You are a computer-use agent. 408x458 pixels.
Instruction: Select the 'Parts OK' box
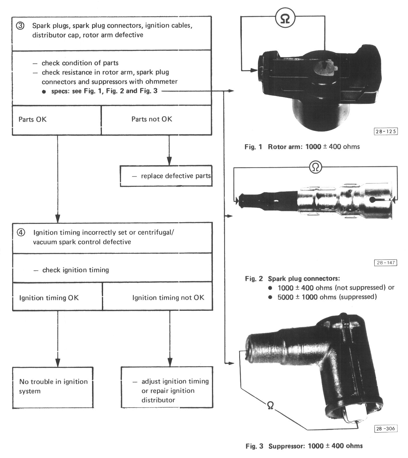coord(56,120)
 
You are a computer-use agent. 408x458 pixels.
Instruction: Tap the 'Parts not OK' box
coord(156,120)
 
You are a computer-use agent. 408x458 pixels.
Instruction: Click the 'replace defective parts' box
coord(166,176)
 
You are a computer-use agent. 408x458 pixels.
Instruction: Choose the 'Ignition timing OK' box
coord(57,298)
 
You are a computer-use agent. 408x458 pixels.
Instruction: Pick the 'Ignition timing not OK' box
coord(157,298)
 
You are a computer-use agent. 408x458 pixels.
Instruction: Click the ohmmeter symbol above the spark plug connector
coord(315,167)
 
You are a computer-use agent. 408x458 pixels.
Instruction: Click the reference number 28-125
coord(385,132)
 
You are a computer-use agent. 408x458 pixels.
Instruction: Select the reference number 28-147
coord(385,263)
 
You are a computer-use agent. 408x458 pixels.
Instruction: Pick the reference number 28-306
coord(385,428)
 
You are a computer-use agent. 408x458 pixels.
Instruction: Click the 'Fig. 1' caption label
coord(253,147)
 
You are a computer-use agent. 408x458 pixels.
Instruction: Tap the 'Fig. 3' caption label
coord(254,446)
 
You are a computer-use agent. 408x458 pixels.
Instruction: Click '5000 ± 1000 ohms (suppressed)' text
coord(327,297)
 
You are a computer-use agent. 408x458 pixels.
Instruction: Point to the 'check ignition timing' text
coord(76,270)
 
